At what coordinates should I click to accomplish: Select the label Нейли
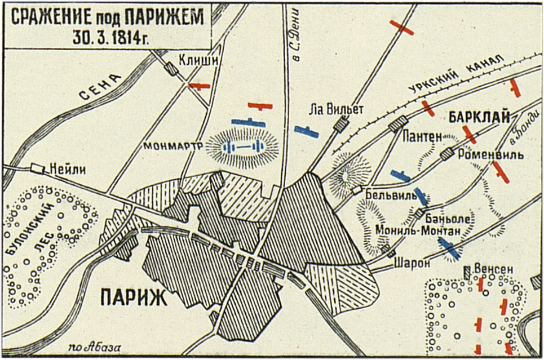(x=67, y=168)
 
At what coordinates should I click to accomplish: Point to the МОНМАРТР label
(x=173, y=146)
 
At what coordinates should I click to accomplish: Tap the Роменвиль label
(x=491, y=154)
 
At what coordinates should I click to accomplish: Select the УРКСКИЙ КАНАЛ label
(x=451, y=78)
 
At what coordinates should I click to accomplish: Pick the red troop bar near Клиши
(x=199, y=86)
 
